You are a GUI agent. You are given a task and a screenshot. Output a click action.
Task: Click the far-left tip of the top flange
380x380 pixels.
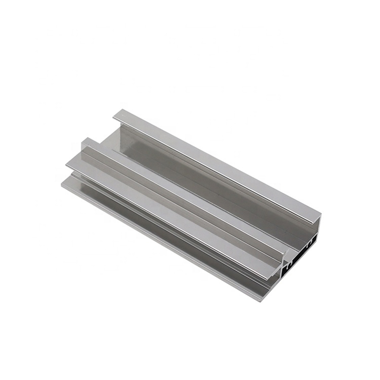[x=114, y=114]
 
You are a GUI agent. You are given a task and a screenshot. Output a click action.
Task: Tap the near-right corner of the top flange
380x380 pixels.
[x=321, y=215]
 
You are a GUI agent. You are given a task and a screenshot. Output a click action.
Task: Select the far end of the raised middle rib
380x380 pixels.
[x=86, y=141]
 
